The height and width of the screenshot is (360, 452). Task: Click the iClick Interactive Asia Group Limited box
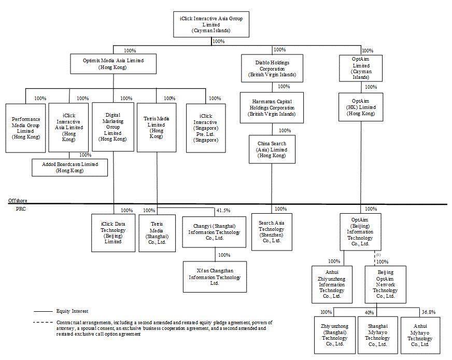point(211,24)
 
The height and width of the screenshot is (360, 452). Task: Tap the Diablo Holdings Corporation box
point(272,67)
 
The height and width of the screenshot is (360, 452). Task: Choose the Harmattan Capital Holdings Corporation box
point(272,107)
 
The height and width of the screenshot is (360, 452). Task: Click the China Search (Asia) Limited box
point(272,149)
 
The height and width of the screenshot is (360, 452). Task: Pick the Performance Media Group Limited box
point(26,128)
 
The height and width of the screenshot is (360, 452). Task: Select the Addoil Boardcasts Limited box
point(69,168)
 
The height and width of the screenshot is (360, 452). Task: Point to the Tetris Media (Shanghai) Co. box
point(158,232)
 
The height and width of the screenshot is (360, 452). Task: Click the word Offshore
point(18,200)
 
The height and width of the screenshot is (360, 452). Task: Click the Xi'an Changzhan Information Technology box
point(215,276)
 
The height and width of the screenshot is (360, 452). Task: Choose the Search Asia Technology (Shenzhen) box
point(272,232)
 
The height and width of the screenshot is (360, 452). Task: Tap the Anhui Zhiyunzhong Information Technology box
point(332,284)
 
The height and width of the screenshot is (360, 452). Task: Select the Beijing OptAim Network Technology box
point(386,284)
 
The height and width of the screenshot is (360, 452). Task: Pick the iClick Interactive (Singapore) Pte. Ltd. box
point(206,128)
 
